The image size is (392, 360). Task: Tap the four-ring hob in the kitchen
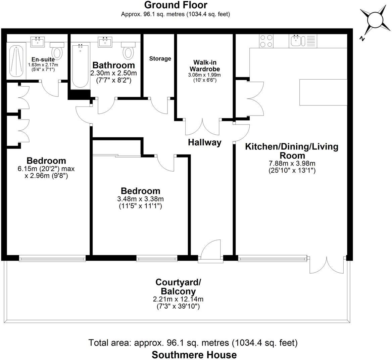[266, 41]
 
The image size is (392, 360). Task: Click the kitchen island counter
[323, 92]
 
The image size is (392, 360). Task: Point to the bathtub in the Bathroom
[80, 66]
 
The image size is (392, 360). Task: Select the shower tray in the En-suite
[16, 61]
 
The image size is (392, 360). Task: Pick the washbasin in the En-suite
[38, 42]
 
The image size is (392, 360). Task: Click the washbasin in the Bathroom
[105, 42]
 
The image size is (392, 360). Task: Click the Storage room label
[160, 58]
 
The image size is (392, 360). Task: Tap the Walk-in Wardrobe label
[205, 65]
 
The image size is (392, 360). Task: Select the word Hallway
[205, 142]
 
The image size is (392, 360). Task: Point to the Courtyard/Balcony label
[178, 287]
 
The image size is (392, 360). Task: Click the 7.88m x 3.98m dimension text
[292, 164]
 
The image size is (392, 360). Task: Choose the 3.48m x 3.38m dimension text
[141, 199]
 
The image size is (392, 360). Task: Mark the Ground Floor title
[176, 5]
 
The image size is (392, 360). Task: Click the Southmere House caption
[194, 355]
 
